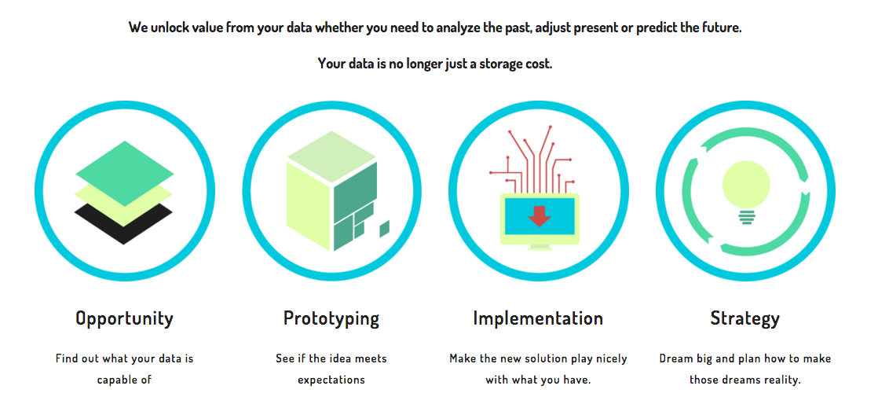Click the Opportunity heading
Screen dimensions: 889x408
coord(124,318)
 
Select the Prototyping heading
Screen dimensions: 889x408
coord(331,318)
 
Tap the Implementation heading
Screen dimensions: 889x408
coord(538,318)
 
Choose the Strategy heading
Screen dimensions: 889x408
coord(745,319)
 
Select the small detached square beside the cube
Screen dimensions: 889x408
coord(384,229)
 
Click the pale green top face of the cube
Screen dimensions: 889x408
coord(331,156)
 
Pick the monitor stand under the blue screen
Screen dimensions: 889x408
coord(540,248)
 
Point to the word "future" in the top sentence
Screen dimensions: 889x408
coord(721,28)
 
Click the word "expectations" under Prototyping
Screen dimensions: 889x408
coord(331,380)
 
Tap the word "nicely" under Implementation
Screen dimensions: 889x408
coord(610,358)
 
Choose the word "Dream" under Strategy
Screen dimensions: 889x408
coord(675,358)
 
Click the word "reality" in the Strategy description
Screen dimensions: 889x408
coord(780,380)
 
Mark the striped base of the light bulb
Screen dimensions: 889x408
coord(746,217)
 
